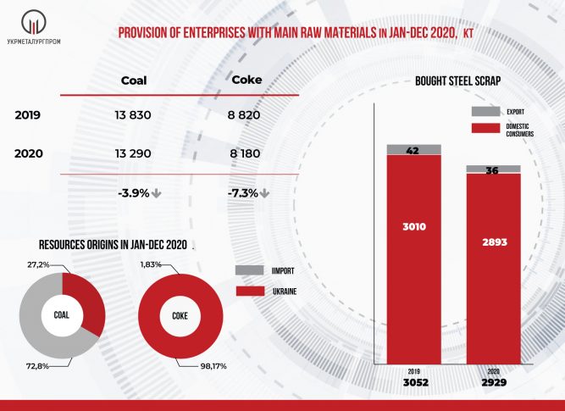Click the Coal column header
click(134, 81)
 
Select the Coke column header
click(246, 81)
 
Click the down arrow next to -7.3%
click(264, 193)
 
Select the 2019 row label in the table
click(28, 114)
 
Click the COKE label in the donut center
click(180, 316)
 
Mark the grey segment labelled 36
click(492, 169)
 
